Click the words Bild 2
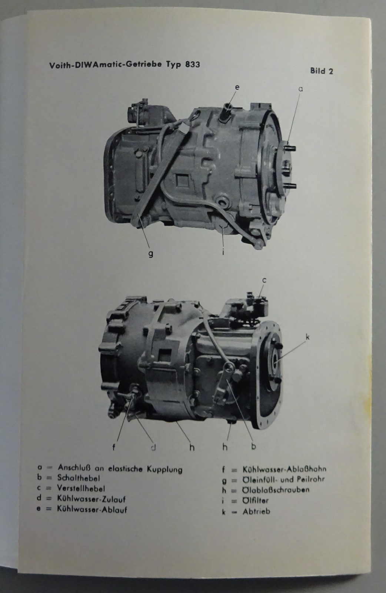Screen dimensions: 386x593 322,71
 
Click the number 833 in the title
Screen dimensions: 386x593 192,64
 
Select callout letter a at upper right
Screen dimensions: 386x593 300,89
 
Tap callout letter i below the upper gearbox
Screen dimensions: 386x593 223,252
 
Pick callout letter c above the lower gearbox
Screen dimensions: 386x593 264,280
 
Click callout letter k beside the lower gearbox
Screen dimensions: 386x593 307,337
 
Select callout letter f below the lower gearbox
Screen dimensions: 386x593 114,447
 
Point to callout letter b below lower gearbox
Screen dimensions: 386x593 253,446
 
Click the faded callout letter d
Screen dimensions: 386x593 153,447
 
